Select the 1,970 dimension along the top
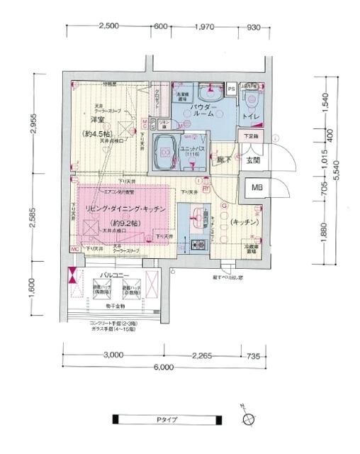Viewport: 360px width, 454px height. click(x=203, y=26)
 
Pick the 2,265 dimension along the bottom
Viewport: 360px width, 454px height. click(x=209, y=355)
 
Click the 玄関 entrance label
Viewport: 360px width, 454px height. click(x=253, y=160)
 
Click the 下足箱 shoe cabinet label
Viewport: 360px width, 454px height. click(x=251, y=134)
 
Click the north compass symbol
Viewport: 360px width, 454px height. click(x=247, y=419)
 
